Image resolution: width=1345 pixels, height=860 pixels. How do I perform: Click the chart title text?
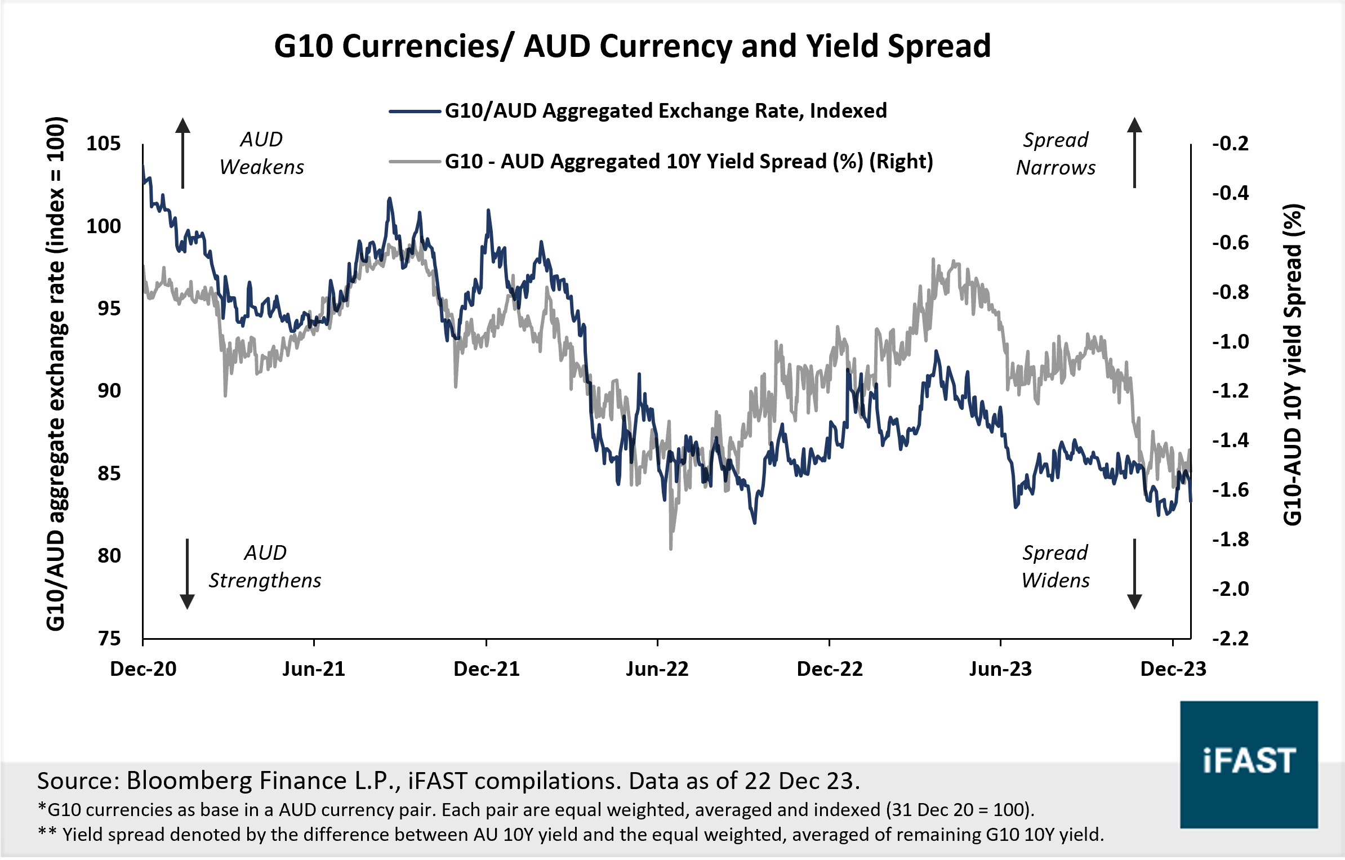pos(632,46)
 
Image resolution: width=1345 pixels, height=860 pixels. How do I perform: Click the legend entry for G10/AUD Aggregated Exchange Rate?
pos(665,111)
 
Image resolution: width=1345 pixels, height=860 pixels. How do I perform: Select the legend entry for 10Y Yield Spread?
pos(688,162)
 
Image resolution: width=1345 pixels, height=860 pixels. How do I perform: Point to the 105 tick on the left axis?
pos(104,144)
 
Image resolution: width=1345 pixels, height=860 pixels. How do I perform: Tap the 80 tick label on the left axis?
pos(109,556)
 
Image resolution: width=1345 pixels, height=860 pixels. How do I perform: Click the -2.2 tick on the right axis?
pos(1230,638)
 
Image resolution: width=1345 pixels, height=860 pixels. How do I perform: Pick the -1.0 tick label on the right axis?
pos(1230,342)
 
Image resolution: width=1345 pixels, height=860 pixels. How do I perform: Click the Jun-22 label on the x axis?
pos(657,669)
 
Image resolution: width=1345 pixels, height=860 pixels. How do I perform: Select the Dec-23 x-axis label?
pos(1173,669)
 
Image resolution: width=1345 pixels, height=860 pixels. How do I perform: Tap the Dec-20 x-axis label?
pos(143,669)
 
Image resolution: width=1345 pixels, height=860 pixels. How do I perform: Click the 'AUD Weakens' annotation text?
pos(262,153)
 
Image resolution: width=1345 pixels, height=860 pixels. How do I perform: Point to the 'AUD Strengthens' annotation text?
pos(265,567)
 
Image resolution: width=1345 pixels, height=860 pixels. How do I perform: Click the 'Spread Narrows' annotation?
pos(1055,154)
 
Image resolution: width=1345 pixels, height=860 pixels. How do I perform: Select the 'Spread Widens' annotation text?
pos(1055,567)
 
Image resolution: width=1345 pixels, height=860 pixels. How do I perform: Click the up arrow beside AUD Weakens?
pos(182,152)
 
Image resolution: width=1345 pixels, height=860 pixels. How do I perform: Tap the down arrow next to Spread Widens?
pos(1134,574)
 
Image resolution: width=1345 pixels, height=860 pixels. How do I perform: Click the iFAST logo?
pos(1249,764)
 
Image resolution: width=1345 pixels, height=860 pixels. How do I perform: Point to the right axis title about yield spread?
pos(1293,365)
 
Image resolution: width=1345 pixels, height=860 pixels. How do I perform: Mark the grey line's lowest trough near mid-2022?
pos(671,547)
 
